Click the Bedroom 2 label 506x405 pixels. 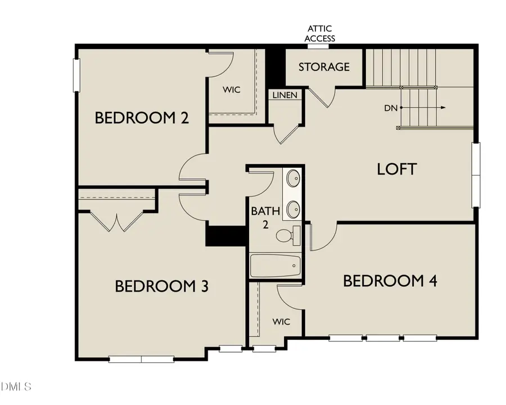tap(141, 118)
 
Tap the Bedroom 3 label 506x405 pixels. tap(161, 286)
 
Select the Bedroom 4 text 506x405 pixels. tap(390, 281)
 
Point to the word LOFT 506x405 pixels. tap(397, 169)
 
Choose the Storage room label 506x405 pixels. tap(323, 67)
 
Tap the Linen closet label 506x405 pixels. tap(285, 95)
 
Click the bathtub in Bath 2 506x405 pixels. tap(275, 265)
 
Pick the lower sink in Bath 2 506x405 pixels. tap(293, 210)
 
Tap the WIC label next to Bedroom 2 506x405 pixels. tap(232, 90)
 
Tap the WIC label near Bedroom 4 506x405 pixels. tap(281, 321)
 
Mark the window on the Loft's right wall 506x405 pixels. tap(476, 174)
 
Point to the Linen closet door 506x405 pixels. tap(286, 133)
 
